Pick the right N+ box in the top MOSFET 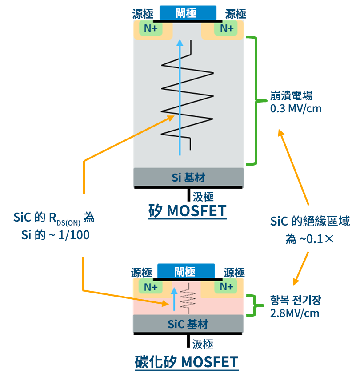click(226, 29)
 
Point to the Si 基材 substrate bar click(188, 178)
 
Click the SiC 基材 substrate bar click(188, 324)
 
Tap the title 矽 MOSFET click(187, 210)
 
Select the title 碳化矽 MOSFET click(186, 362)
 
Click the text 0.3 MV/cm click(296, 108)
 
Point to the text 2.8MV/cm click(295, 313)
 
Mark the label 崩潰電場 click(292, 95)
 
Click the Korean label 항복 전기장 click(295, 301)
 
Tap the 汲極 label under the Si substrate click(203, 196)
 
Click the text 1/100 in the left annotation click(73, 235)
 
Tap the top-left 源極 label click(143, 14)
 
